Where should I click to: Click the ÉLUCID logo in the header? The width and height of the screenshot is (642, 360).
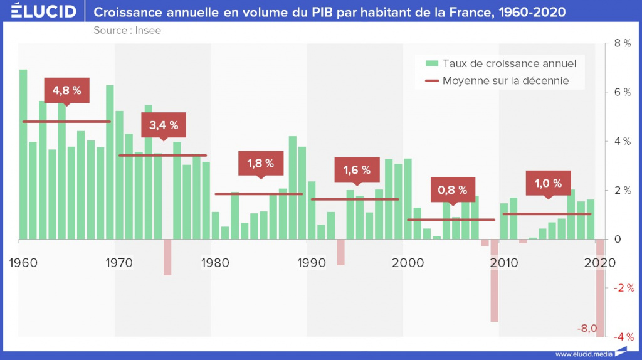pos(44,12)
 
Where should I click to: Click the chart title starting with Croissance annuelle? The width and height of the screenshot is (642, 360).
pos(329,12)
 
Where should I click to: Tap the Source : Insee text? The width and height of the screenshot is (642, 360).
pos(127,30)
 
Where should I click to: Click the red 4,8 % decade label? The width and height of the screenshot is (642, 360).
pos(66,90)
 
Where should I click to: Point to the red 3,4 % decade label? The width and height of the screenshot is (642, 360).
pos(164,125)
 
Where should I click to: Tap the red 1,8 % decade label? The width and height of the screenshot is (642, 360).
pos(260,163)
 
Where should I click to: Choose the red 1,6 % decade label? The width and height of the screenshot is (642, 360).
pos(357,169)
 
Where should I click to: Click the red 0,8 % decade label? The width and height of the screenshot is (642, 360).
pos(453,189)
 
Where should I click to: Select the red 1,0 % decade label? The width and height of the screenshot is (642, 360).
pos(549,183)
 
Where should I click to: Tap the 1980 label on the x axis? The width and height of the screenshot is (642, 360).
pos(215,262)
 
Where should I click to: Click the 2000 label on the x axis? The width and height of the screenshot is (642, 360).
pos(408,262)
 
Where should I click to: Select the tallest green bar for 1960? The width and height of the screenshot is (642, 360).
pos(23,154)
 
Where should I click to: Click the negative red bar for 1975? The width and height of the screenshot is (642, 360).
pos(167,257)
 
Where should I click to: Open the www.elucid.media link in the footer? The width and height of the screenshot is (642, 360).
pos(583,354)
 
